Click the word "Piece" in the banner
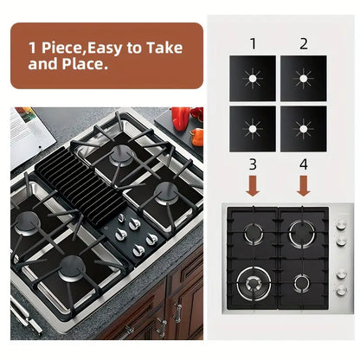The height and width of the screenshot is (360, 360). (62, 48)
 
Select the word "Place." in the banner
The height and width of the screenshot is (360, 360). (85, 64)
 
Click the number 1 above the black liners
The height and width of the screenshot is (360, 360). (253, 44)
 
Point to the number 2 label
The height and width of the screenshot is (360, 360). (304, 44)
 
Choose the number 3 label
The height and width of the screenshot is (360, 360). (253, 164)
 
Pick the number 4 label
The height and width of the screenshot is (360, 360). (304, 164)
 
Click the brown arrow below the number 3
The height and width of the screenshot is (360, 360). (253, 185)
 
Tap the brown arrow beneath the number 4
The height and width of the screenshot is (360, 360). (304, 185)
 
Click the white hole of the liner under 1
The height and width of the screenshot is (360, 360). (253, 79)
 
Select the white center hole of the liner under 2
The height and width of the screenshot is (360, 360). (304, 79)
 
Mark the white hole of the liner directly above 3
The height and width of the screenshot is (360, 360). (253, 129)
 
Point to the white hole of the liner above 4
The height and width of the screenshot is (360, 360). (304, 129)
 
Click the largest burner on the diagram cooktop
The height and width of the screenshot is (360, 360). (254, 282)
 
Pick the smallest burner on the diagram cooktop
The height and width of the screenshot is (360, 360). (302, 283)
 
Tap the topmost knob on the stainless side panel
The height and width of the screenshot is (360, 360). (341, 223)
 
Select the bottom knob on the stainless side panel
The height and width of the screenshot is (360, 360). (341, 290)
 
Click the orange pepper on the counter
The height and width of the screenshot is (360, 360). (198, 137)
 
